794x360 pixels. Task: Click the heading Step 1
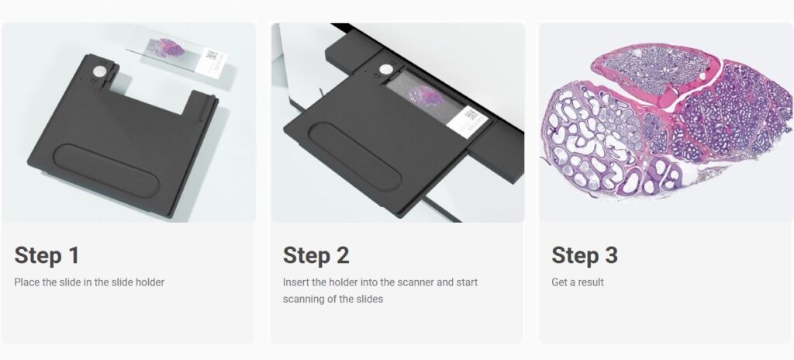coord(47,255)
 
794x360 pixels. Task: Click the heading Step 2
coord(316,255)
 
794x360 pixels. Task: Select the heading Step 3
coord(585,255)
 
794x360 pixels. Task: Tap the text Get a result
coord(578,282)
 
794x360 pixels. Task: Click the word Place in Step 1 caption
coord(26,282)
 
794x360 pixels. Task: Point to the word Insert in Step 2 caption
coord(295,282)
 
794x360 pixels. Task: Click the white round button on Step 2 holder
coord(386,69)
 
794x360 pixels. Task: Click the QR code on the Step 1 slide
coord(212,55)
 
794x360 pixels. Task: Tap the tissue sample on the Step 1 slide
coord(167,47)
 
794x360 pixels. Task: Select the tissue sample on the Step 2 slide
coord(428,97)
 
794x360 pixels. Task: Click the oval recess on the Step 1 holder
coord(107,171)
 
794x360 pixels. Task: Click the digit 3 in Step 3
coord(611,255)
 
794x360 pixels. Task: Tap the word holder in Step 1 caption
coord(150,282)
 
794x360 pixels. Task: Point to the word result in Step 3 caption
coord(590,282)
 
